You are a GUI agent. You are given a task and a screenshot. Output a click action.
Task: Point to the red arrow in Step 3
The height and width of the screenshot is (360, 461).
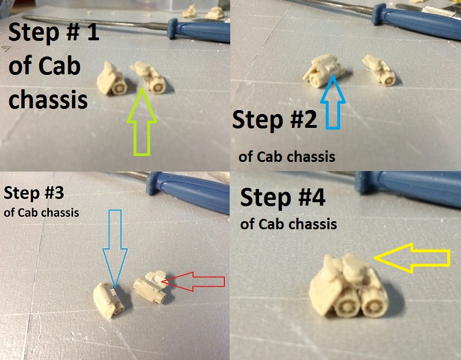tap(193, 282)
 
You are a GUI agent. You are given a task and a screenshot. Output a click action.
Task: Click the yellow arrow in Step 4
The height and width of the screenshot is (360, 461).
tap(412, 258)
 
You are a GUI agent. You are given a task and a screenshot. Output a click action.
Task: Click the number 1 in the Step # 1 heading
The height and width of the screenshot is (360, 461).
tap(93, 32)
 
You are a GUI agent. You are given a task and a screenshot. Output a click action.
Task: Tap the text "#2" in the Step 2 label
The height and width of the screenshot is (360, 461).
tap(302, 120)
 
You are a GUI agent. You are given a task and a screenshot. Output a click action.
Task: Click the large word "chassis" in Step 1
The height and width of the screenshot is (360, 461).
tap(48, 100)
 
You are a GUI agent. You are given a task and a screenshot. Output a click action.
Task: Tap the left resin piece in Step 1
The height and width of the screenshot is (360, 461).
tap(112, 78)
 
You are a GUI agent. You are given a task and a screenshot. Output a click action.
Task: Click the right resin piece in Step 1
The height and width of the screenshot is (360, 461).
tap(148, 77)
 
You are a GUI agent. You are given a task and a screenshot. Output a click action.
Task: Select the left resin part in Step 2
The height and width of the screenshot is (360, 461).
tap(323, 71)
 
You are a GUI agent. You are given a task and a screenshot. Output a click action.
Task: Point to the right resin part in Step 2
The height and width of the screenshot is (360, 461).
tap(379, 70)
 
